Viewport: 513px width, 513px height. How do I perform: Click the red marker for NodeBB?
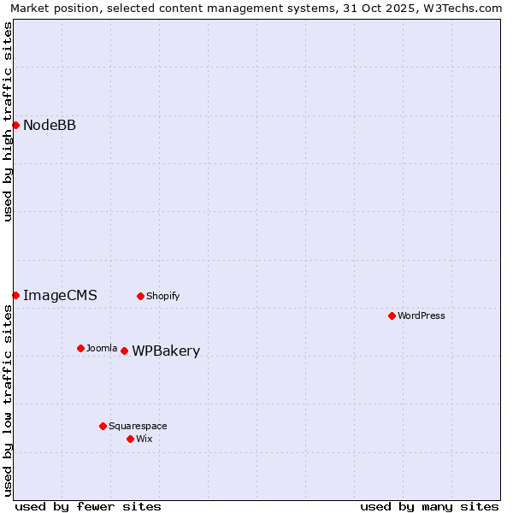pos(15,125)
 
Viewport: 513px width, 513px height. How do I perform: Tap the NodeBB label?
pos(50,126)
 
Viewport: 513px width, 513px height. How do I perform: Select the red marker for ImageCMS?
pos(15,295)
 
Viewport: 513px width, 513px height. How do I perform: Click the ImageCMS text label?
pos(60,296)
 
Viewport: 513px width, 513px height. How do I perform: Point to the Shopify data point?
pos(140,296)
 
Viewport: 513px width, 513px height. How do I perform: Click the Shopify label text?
pos(162,297)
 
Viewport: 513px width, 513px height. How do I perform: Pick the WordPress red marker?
pos(392,315)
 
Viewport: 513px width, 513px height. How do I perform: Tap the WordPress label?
pos(421,315)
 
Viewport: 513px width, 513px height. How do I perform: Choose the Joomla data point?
pos(80,348)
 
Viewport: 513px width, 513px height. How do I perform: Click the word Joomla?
pos(102,348)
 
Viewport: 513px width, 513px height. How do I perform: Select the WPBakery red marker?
pos(124,351)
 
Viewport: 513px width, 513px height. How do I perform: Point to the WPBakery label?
pos(166,351)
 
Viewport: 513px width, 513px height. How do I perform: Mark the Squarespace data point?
pos(103,426)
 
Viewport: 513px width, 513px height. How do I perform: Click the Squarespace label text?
pos(138,426)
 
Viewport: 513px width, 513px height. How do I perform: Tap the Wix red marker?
pos(130,439)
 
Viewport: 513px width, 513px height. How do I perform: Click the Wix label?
pos(144,439)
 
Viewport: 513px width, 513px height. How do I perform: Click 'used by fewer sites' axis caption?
pos(88,506)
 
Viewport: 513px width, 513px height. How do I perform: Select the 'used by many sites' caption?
pos(429,506)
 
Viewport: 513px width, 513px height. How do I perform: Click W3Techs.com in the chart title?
pos(464,8)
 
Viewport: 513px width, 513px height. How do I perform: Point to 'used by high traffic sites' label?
pos(8,122)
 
